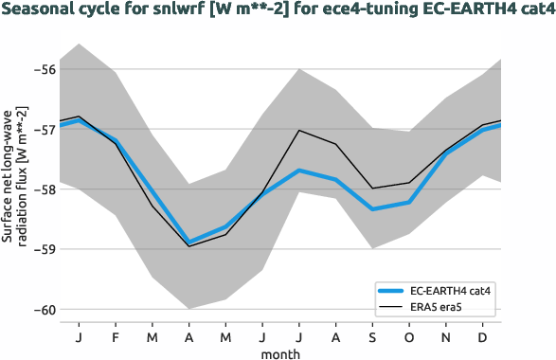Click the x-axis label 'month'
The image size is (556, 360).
[x=281, y=352]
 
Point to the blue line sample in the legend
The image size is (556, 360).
[x=390, y=290]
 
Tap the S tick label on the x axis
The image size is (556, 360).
[x=372, y=336]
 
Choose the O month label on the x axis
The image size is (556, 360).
[x=409, y=336]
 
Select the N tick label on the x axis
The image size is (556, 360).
[x=446, y=336]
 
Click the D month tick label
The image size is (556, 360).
[x=483, y=336]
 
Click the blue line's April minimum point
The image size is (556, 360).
[x=189, y=242]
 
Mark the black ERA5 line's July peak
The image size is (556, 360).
[x=299, y=131]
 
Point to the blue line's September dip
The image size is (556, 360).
[x=372, y=208]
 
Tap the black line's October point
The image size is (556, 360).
[x=409, y=183]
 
